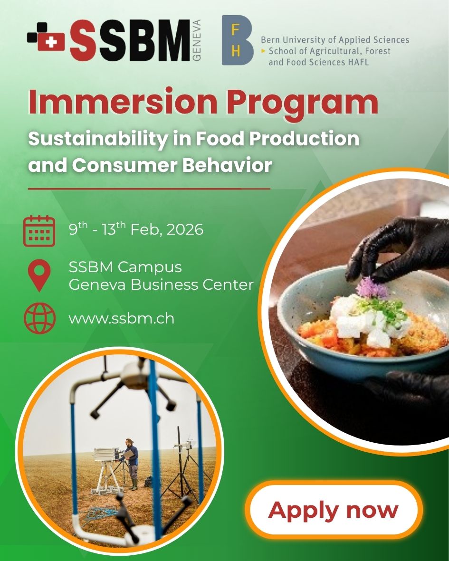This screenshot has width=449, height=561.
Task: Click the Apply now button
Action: click(x=334, y=510)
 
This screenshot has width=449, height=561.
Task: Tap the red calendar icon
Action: click(x=39, y=231)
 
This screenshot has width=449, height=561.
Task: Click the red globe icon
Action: click(x=39, y=319)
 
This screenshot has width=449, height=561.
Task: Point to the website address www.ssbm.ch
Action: click(x=121, y=318)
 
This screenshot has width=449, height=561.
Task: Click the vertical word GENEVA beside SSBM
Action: click(x=197, y=40)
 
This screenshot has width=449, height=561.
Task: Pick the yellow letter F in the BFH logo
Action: click(x=235, y=30)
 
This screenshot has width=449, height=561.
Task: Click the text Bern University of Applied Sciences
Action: click(x=334, y=40)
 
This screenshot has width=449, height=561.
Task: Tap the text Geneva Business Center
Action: click(x=161, y=285)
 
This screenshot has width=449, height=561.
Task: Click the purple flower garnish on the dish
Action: click(x=366, y=287)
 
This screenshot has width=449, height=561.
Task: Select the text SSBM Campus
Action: click(x=125, y=267)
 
